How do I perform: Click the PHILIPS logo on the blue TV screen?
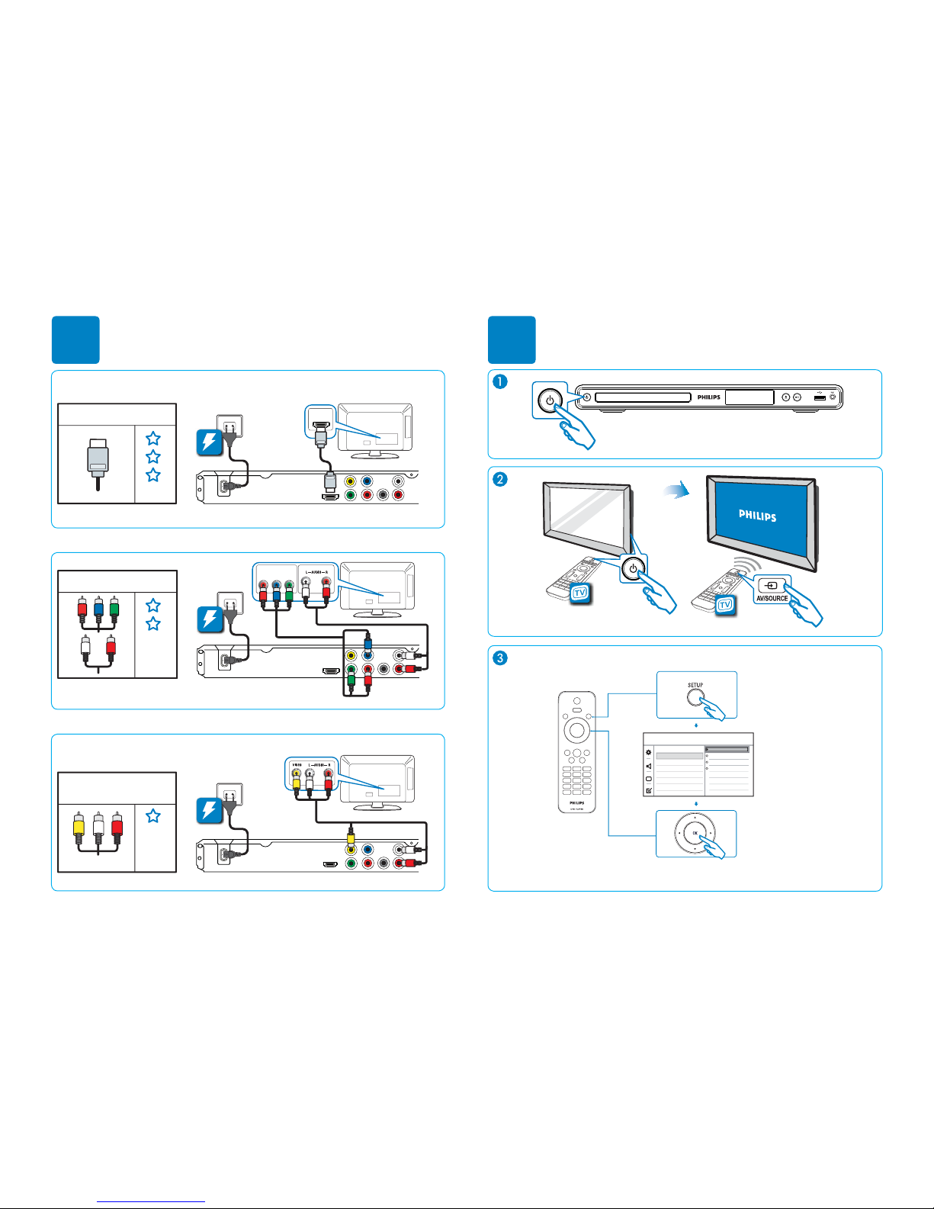tap(757, 516)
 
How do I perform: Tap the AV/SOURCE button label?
tap(772, 599)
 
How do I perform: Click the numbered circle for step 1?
tap(500, 382)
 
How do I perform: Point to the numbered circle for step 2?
tap(500, 479)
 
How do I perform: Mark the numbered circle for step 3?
tap(500, 658)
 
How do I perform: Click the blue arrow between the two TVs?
tap(675, 492)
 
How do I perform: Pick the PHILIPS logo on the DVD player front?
tap(708, 397)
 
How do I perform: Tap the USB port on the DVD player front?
tap(820, 397)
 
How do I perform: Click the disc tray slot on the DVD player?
tap(643, 397)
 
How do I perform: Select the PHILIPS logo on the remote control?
tap(576, 802)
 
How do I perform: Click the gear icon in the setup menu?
tap(649, 753)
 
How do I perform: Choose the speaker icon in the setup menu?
tap(649, 766)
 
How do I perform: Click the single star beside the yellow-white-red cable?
tap(153, 815)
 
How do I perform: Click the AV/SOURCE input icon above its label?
tap(772, 586)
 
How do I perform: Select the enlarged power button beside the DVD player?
tap(550, 400)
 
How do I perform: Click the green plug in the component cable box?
tap(114, 608)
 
